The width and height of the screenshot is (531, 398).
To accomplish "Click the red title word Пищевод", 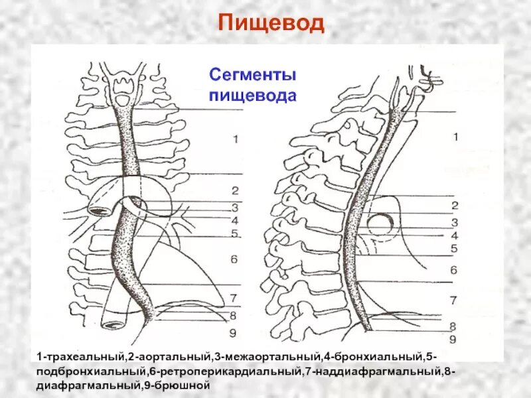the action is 271,24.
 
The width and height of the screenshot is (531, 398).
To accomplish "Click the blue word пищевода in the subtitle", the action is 252,95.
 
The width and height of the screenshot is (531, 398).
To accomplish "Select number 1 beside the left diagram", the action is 235,139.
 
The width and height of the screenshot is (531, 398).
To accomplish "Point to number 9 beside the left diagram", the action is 234,332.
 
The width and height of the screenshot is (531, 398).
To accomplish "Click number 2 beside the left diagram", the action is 235,191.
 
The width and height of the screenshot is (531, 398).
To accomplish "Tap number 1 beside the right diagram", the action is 455,137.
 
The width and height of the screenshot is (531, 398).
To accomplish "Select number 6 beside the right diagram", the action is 453,270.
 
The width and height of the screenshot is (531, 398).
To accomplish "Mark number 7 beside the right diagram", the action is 453,300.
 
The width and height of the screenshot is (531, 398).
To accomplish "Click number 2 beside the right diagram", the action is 455,206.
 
